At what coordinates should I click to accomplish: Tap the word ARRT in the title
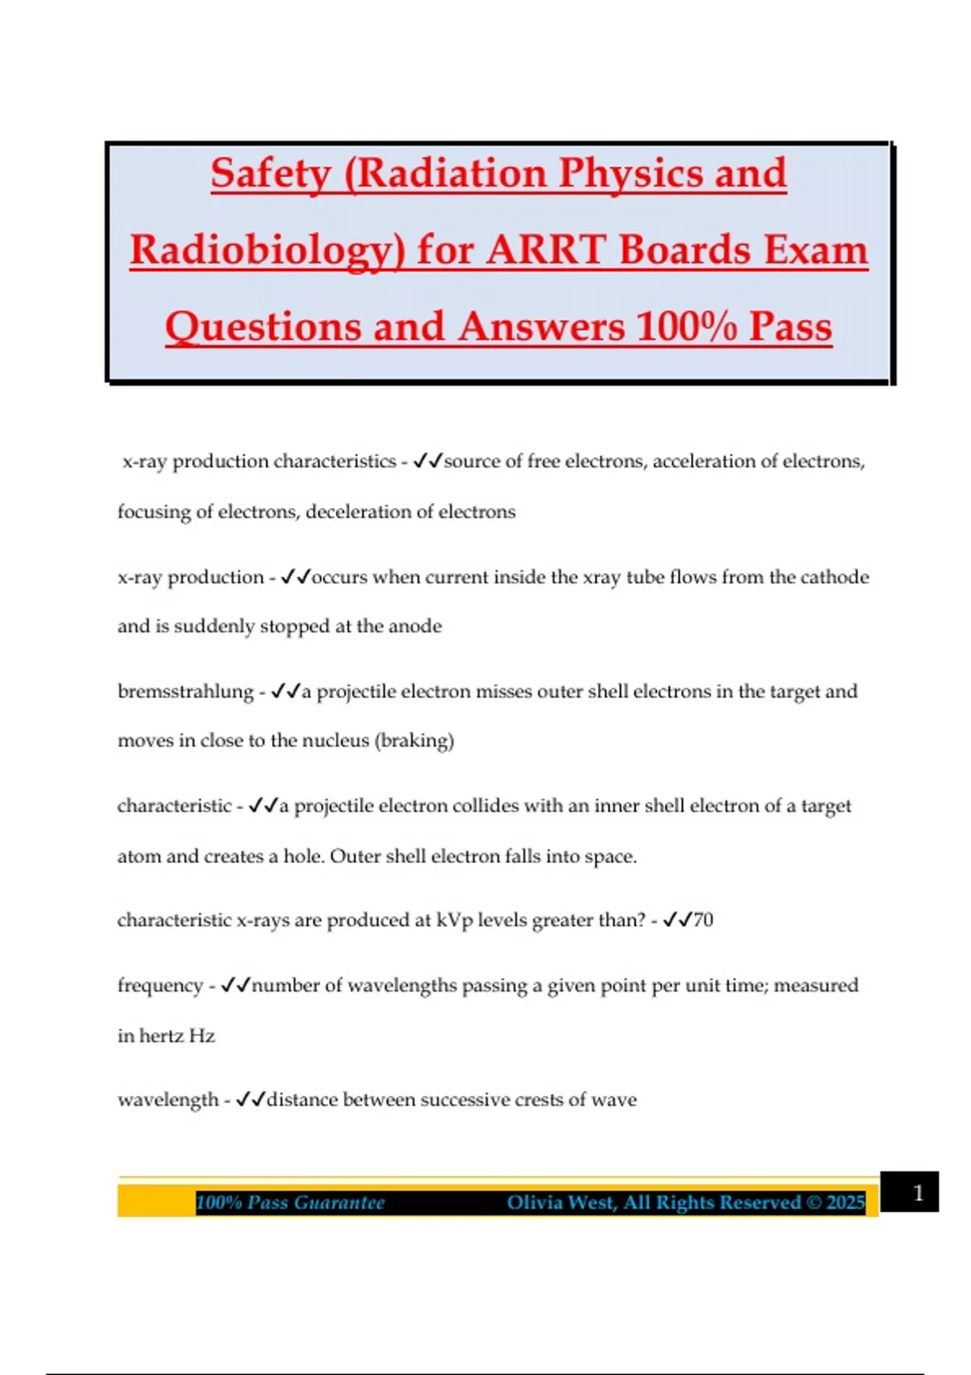coord(547,250)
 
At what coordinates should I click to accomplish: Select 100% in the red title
coord(685,327)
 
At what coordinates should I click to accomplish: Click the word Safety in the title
coord(270,173)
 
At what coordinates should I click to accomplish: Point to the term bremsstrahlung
coord(185,692)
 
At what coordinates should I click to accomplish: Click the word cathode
coord(834,577)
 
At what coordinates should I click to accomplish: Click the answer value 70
coord(703,920)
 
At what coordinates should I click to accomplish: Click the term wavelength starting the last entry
coord(167,1100)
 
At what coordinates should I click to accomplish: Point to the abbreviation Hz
coord(201,1036)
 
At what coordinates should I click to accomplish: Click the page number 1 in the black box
coord(918,1192)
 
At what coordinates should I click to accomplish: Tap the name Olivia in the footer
coord(535,1203)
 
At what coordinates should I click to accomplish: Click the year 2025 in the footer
coord(846,1203)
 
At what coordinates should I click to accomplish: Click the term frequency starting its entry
coord(159,986)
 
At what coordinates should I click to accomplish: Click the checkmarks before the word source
coord(427,461)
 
